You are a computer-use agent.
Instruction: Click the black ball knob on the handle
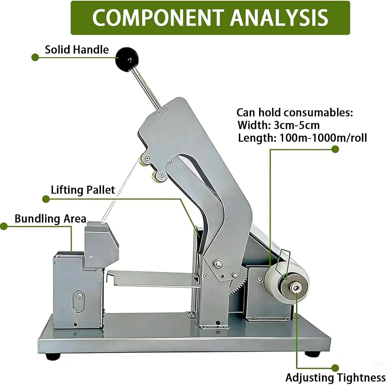pyautogui.click(x=127, y=60)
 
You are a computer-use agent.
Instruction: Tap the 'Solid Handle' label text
pyautogui.click(x=77, y=50)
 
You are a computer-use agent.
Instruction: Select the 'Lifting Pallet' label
pyautogui.click(x=83, y=190)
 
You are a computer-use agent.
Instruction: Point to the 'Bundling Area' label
pyautogui.click(x=50, y=219)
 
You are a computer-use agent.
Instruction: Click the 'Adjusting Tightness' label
pyautogui.click(x=336, y=377)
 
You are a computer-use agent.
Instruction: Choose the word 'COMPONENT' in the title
pyautogui.click(x=158, y=18)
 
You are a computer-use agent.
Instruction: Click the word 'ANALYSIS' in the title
pyautogui.click(x=279, y=18)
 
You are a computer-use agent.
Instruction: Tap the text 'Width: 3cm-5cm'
pyautogui.click(x=279, y=125)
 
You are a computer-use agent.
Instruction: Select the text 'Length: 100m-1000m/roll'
pyautogui.click(x=302, y=138)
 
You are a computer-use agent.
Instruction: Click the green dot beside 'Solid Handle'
pyautogui.click(x=35, y=58)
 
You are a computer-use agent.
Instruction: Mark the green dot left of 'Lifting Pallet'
pyautogui.click(x=46, y=199)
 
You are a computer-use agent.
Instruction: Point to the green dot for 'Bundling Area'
pyautogui.click(x=4, y=226)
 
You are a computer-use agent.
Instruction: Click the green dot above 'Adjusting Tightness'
pyautogui.click(x=335, y=368)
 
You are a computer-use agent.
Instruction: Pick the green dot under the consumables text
pyautogui.click(x=335, y=149)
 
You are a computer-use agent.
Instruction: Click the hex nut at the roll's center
pyautogui.click(x=295, y=287)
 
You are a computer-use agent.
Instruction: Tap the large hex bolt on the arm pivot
pyautogui.click(x=217, y=264)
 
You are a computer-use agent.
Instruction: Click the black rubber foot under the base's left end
pyautogui.click(x=53, y=356)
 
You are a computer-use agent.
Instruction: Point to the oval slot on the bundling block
pyautogui.click(x=79, y=301)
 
